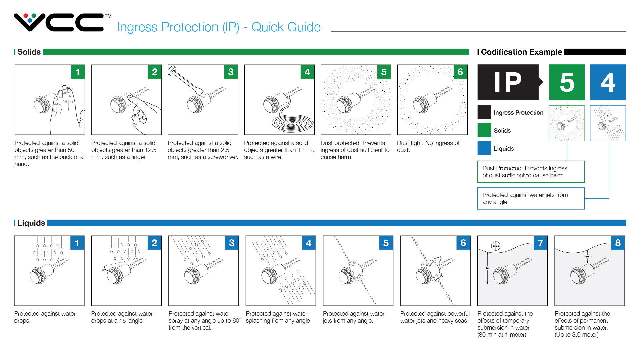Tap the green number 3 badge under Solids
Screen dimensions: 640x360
tap(231, 72)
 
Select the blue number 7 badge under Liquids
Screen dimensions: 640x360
tap(540, 243)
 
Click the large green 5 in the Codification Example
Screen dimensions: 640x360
tap(567, 82)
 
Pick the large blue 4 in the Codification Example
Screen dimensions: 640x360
tap(608, 82)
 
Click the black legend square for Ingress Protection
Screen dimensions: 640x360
tap(484, 112)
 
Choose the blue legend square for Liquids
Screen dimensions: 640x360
tap(484, 148)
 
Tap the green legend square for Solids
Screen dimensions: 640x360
tap(484, 130)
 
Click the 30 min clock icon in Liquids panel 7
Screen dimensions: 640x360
tap(496, 246)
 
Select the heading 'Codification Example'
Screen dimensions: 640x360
tap(521, 52)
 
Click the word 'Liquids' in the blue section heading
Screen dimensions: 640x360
tap(31, 223)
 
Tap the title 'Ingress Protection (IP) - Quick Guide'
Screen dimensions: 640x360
tap(219, 27)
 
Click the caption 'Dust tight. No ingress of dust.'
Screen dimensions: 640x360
tap(428, 146)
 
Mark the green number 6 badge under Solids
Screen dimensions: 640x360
tap(460, 72)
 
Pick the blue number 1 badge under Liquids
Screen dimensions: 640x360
tap(77, 243)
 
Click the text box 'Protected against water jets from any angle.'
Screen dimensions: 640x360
tap(531, 198)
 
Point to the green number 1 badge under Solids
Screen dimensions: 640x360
tap(78, 72)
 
